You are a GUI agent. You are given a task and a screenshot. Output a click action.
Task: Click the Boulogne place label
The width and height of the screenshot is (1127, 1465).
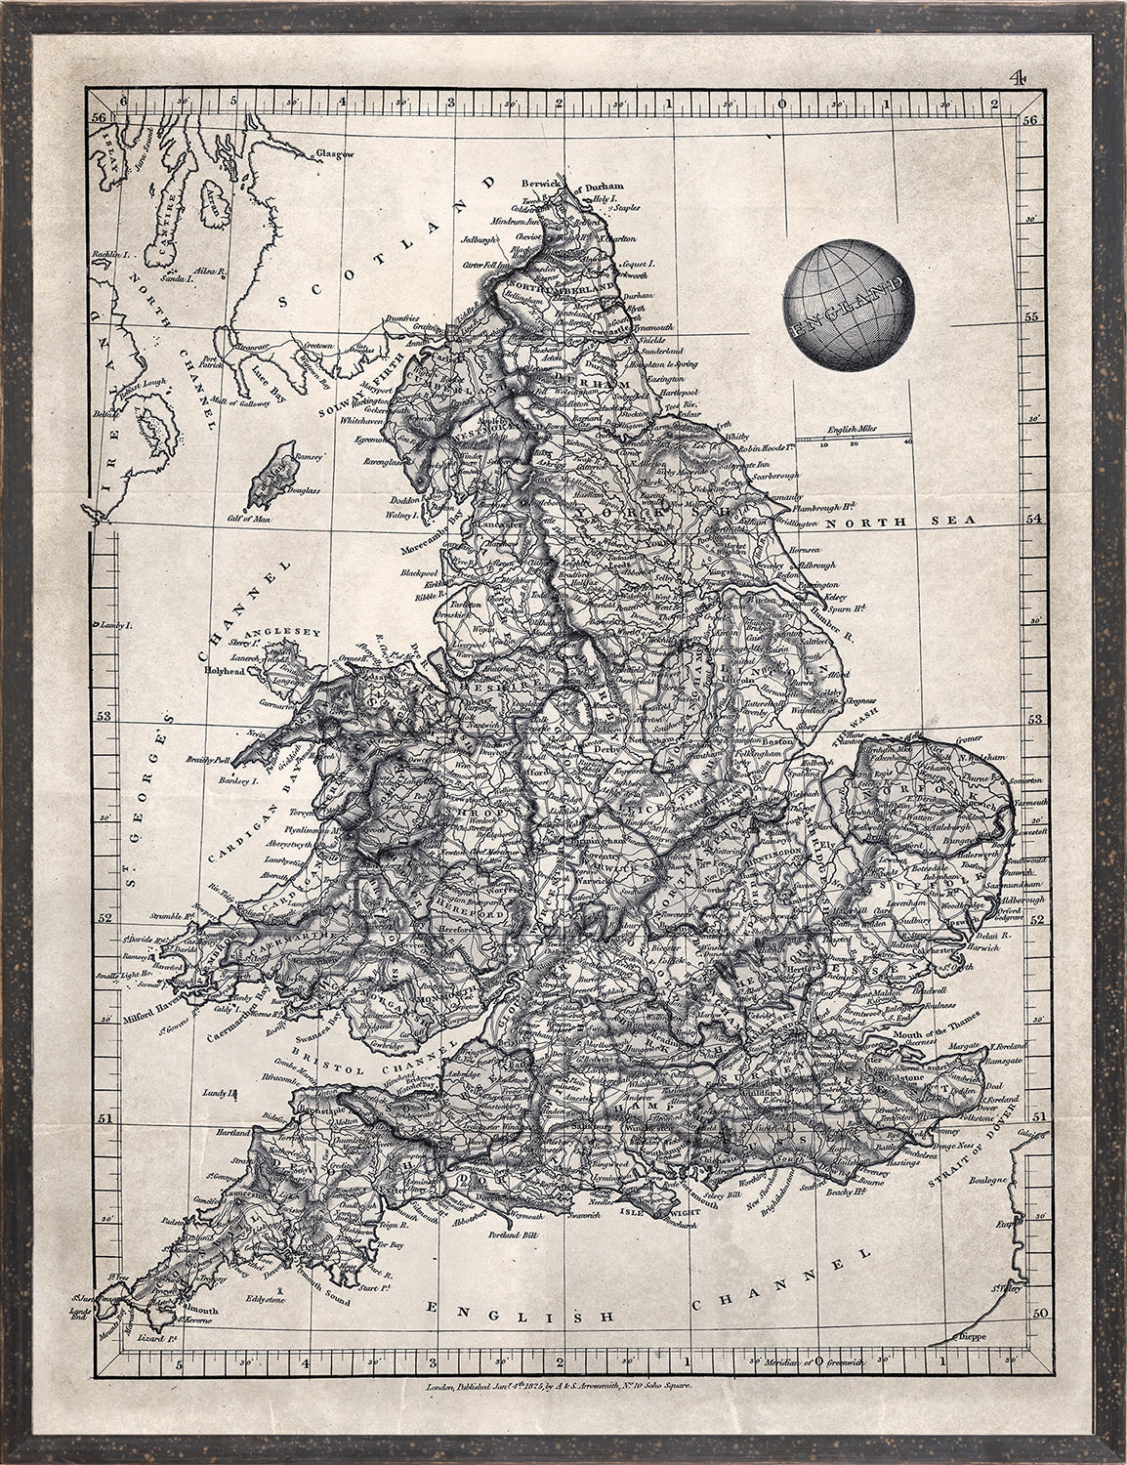[987, 1180]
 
